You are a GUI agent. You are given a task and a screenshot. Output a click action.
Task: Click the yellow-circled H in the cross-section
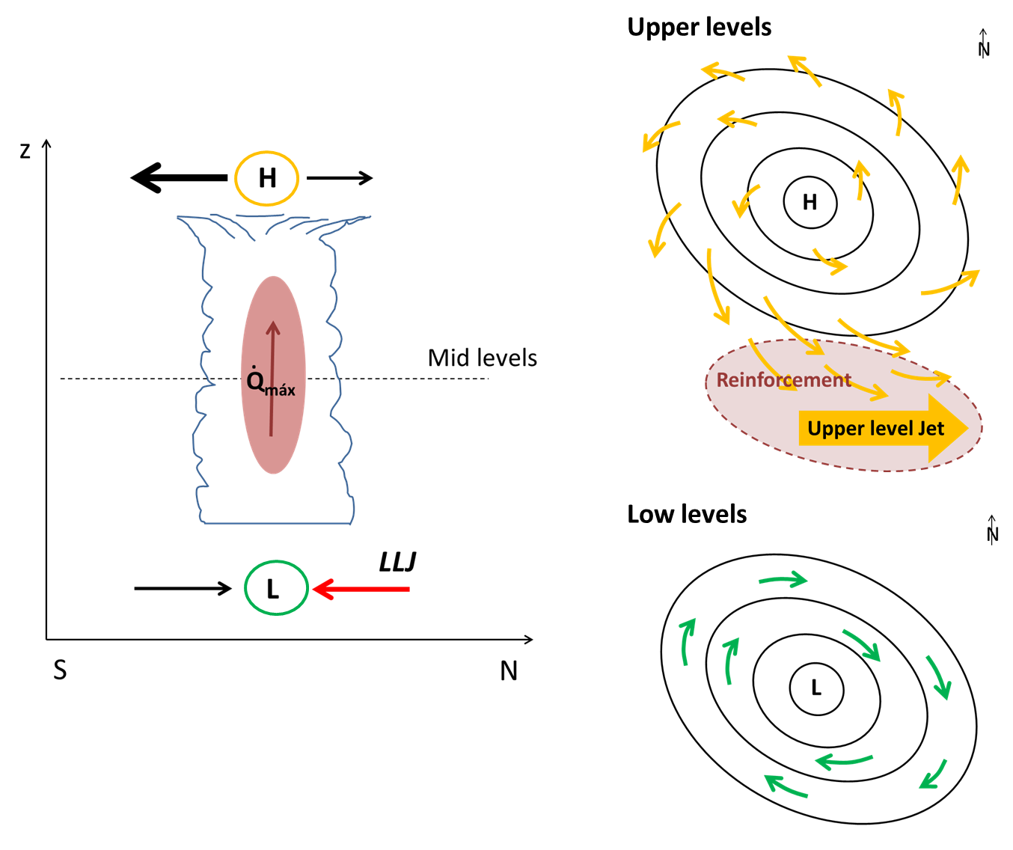pyautogui.click(x=267, y=178)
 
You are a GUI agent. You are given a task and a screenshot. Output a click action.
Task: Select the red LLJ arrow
pyautogui.click(x=361, y=589)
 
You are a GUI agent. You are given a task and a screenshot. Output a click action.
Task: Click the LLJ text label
pyautogui.click(x=397, y=562)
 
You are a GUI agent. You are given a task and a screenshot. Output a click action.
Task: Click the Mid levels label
pyautogui.click(x=482, y=358)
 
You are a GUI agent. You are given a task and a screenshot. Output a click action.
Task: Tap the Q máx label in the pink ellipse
pyautogui.click(x=270, y=383)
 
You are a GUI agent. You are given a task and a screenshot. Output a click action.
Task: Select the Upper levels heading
pyautogui.click(x=699, y=28)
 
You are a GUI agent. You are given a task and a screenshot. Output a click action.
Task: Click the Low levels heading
pyautogui.click(x=687, y=515)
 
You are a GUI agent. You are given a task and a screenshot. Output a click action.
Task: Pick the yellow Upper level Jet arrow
pyautogui.click(x=883, y=429)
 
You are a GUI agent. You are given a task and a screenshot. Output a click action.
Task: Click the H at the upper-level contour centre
pyautogui.click(x=810, y=202)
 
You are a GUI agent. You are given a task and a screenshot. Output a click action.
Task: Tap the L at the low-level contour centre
pyautogui.click(x=816, y=688)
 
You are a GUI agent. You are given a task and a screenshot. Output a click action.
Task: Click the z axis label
pyautogui.click(x=25, y=152)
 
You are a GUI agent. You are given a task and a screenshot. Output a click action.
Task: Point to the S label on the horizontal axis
pyautogui.click(x=60, y=670)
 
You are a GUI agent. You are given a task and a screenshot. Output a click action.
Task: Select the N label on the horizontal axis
pyautogui.click(x=509, y=671)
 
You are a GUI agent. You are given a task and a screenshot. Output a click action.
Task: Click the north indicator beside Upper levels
pyautogui.click(x=984, y=44)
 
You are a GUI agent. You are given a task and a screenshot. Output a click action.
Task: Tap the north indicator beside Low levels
pyautogui.click(x=993, y=530)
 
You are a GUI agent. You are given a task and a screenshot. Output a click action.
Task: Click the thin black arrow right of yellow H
pyautogui.click(x=339, y=178)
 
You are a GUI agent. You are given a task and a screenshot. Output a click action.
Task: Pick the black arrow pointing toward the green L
pyautogui.click(x=183, y=589)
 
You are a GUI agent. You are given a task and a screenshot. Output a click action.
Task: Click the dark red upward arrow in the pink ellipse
pyautogui.click(x=272, y=378)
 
